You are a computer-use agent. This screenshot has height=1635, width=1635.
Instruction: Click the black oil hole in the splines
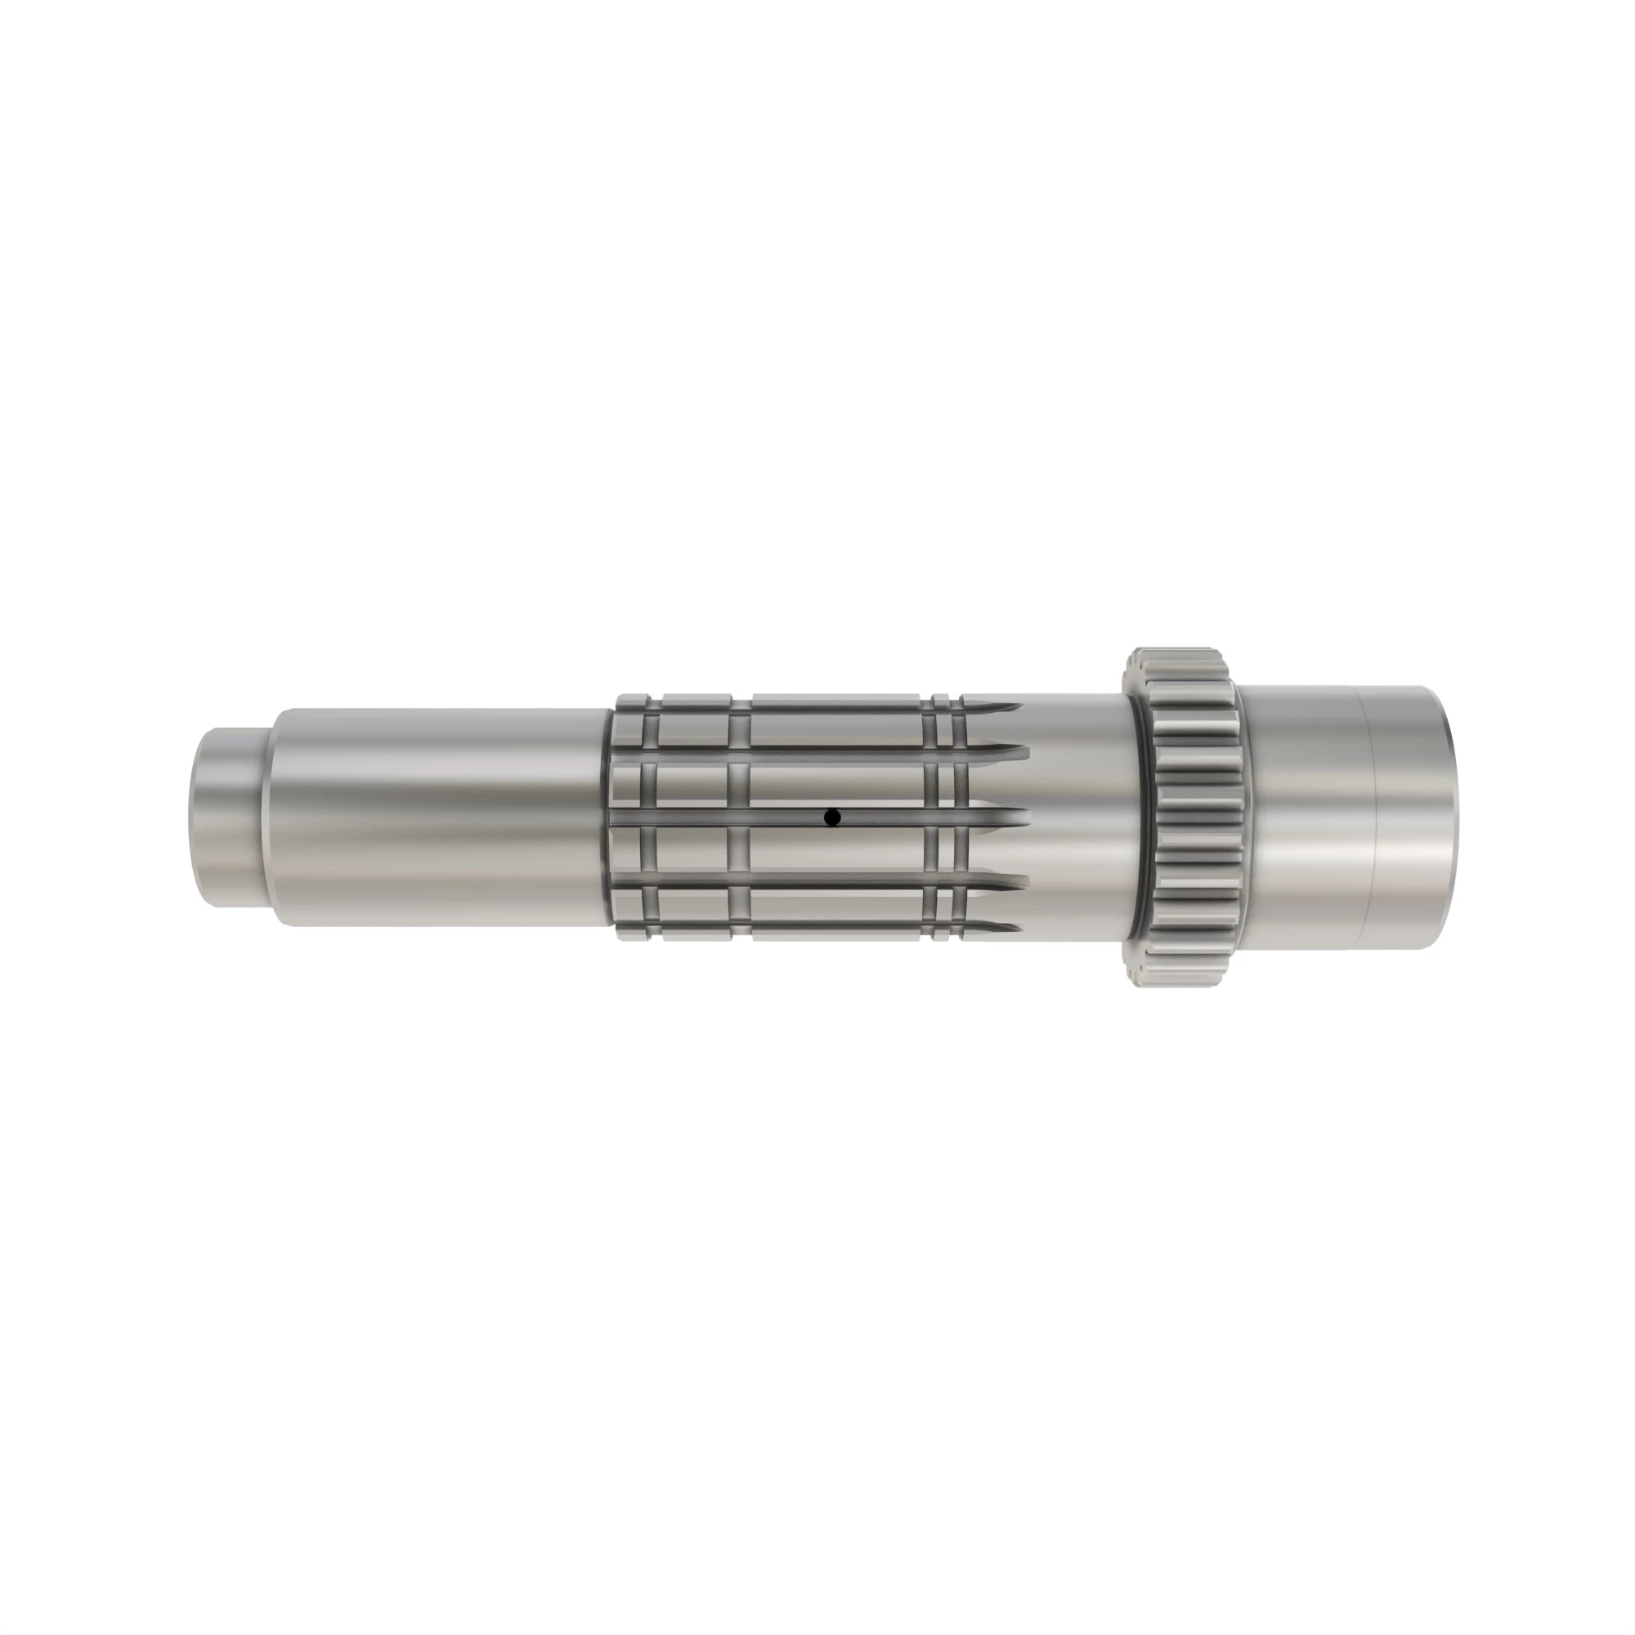(x=832, y=817)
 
